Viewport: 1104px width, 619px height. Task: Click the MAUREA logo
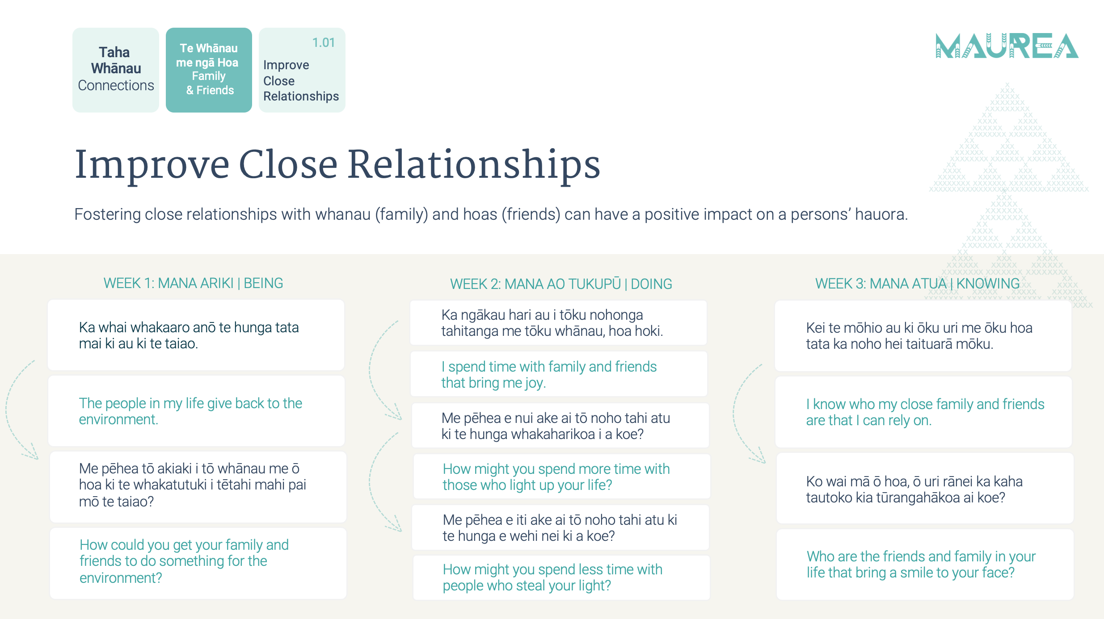[1007, 46]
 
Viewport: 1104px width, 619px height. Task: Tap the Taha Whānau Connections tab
[116, 70]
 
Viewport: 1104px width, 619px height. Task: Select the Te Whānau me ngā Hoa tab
[209, 70]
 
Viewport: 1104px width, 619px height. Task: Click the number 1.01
[324, 42]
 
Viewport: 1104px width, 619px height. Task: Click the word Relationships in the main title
[474, 165]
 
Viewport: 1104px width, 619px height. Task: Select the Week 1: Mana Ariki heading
[193, 283]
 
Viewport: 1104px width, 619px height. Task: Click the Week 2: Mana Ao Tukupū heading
[561, 284]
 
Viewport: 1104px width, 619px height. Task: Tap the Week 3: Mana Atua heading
[917, 284]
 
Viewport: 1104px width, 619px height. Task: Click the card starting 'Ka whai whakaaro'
[196, 335]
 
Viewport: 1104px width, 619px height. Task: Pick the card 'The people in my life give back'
[197, 411]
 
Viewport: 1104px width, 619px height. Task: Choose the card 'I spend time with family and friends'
[559, 374]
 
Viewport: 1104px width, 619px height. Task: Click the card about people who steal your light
[561, 577]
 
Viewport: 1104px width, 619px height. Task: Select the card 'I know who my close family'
[923, 412]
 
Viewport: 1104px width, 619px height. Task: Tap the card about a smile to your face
[925, 565]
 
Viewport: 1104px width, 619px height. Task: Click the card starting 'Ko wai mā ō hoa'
[925, 489]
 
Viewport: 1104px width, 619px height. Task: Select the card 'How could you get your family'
[198, 563]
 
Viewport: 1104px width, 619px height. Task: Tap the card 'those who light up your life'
[562, 477]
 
